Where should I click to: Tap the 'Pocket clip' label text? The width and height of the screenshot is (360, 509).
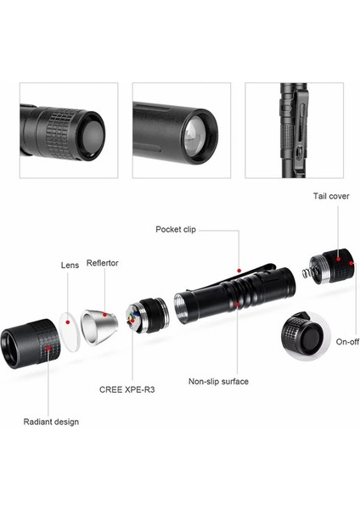[x=177, y=229]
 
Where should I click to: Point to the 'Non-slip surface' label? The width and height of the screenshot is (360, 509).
[x=218, y=382]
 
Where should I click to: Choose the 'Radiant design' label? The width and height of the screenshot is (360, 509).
[x=51, y=422]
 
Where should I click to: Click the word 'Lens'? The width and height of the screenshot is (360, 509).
[x=70, y=266]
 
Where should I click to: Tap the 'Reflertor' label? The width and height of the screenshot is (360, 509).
[x=103, y=263]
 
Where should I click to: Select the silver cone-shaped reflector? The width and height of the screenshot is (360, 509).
[x=99, y=327]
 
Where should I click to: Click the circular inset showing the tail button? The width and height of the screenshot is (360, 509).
[x=304, y=336]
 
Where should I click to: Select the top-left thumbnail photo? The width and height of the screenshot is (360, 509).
[x=69, y=130]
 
